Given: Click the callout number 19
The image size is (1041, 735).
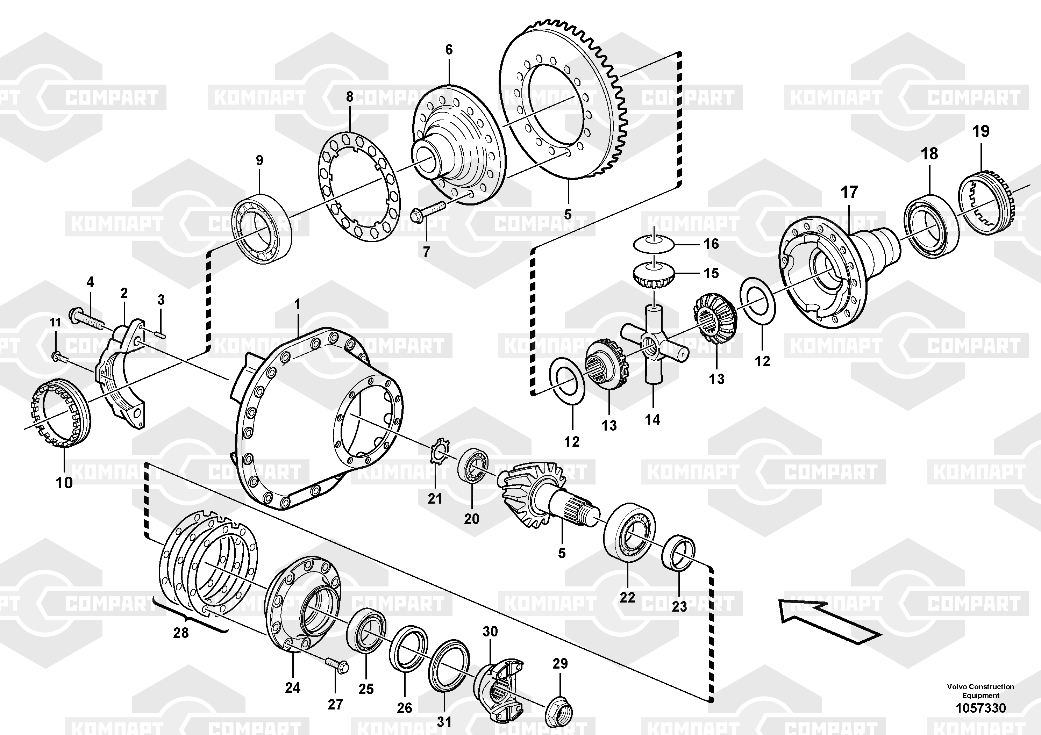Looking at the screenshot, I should (981, 131).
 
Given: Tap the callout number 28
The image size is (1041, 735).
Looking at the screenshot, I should (180, 633).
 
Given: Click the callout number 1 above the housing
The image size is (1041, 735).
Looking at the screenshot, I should (298, 304).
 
